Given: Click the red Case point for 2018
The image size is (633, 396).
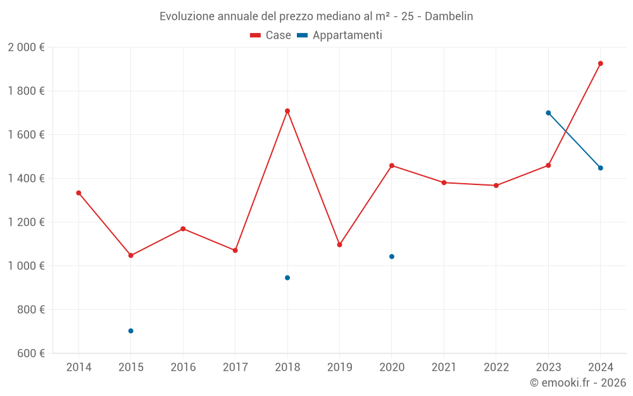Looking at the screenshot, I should [287, 111].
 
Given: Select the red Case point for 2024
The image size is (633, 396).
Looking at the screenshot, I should [601, 63].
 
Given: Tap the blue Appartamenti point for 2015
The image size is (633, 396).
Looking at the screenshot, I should [131, 331].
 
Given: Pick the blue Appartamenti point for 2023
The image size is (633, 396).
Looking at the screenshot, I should [548, 113].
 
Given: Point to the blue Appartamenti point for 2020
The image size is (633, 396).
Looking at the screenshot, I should [392, 257].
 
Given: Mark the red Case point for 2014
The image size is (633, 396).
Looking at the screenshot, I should [78, 193].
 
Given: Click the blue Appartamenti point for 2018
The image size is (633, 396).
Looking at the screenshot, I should [287, 278].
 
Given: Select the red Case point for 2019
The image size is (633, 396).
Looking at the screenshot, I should [339, 245].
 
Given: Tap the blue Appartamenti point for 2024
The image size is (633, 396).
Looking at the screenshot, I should [601, 168].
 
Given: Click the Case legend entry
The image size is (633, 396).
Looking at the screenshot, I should [271, 35].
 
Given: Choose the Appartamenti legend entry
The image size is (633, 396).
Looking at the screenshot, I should [340, 35].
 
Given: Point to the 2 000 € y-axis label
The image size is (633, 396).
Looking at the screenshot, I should [26, 47].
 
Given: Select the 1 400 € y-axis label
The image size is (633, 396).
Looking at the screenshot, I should [26, 178].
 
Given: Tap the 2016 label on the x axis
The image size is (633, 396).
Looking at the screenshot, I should [183, 367].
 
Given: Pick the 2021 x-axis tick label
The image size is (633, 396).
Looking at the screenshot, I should [444, 367].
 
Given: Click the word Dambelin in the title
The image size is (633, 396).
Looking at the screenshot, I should [449, 16].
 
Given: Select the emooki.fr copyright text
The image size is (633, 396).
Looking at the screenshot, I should [577, 383].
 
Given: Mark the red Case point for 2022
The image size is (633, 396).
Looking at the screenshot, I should [496, 186].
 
